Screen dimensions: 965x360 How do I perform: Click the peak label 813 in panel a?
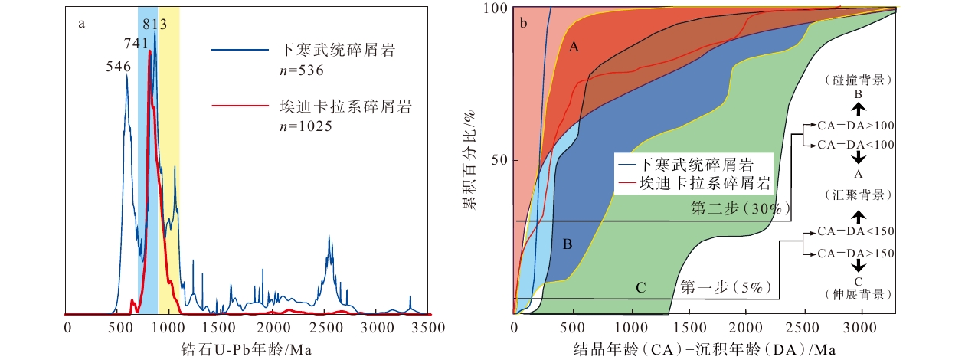click(155, 24)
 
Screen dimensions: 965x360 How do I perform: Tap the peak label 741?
click(136, 44)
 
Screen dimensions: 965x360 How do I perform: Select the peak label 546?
click(119, 67)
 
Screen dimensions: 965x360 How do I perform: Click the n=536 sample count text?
click(302, 70)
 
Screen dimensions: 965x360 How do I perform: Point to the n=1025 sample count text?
click(306, 126)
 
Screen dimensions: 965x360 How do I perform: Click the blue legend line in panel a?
click(240, 50)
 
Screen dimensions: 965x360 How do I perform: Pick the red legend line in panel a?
click(240, 106)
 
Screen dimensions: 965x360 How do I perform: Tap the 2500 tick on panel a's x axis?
click(326, 328)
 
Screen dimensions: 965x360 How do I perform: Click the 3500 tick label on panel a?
click(428, 328)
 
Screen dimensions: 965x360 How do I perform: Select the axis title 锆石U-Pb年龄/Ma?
click(246, 349)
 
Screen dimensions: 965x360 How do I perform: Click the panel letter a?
click(81, 24)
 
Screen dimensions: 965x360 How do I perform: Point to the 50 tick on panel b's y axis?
click(500, 160)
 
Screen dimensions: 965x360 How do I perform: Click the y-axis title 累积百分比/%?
click(469, 160)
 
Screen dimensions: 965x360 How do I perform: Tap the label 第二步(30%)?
click(741, 208)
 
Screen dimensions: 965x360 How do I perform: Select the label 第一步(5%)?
click(726, 286)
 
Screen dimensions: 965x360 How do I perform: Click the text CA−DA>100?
click(856, 126)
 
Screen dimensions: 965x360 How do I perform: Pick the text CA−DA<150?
click(856, 231)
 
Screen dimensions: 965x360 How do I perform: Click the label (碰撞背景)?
click(858, 80)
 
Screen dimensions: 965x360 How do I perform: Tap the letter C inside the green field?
click(640, 288)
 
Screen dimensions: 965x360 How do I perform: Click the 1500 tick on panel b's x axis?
click(689, 328)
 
